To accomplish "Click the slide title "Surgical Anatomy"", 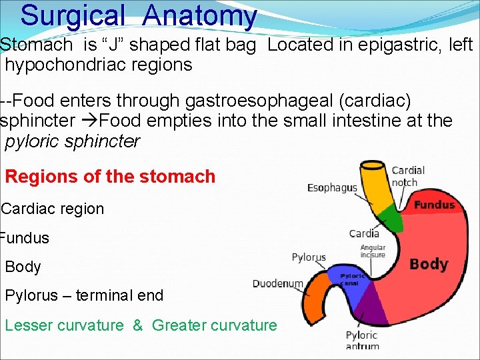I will [138, 16].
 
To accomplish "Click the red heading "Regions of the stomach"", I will [110, 177].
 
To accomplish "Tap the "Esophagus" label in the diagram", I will [332, 188].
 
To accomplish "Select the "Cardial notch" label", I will [408, 177].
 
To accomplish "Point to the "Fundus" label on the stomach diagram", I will [434, 205].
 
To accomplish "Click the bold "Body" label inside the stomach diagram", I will [428, 264].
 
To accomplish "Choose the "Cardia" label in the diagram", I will [364, 233].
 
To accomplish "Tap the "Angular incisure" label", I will [373, 251].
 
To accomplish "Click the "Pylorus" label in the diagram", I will [309, 257].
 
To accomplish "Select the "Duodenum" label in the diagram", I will [277, 283].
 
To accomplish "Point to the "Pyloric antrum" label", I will [362, 340].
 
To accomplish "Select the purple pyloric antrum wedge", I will [369, 307].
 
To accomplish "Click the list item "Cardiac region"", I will [53, 209].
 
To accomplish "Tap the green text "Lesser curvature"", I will [64, 325].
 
